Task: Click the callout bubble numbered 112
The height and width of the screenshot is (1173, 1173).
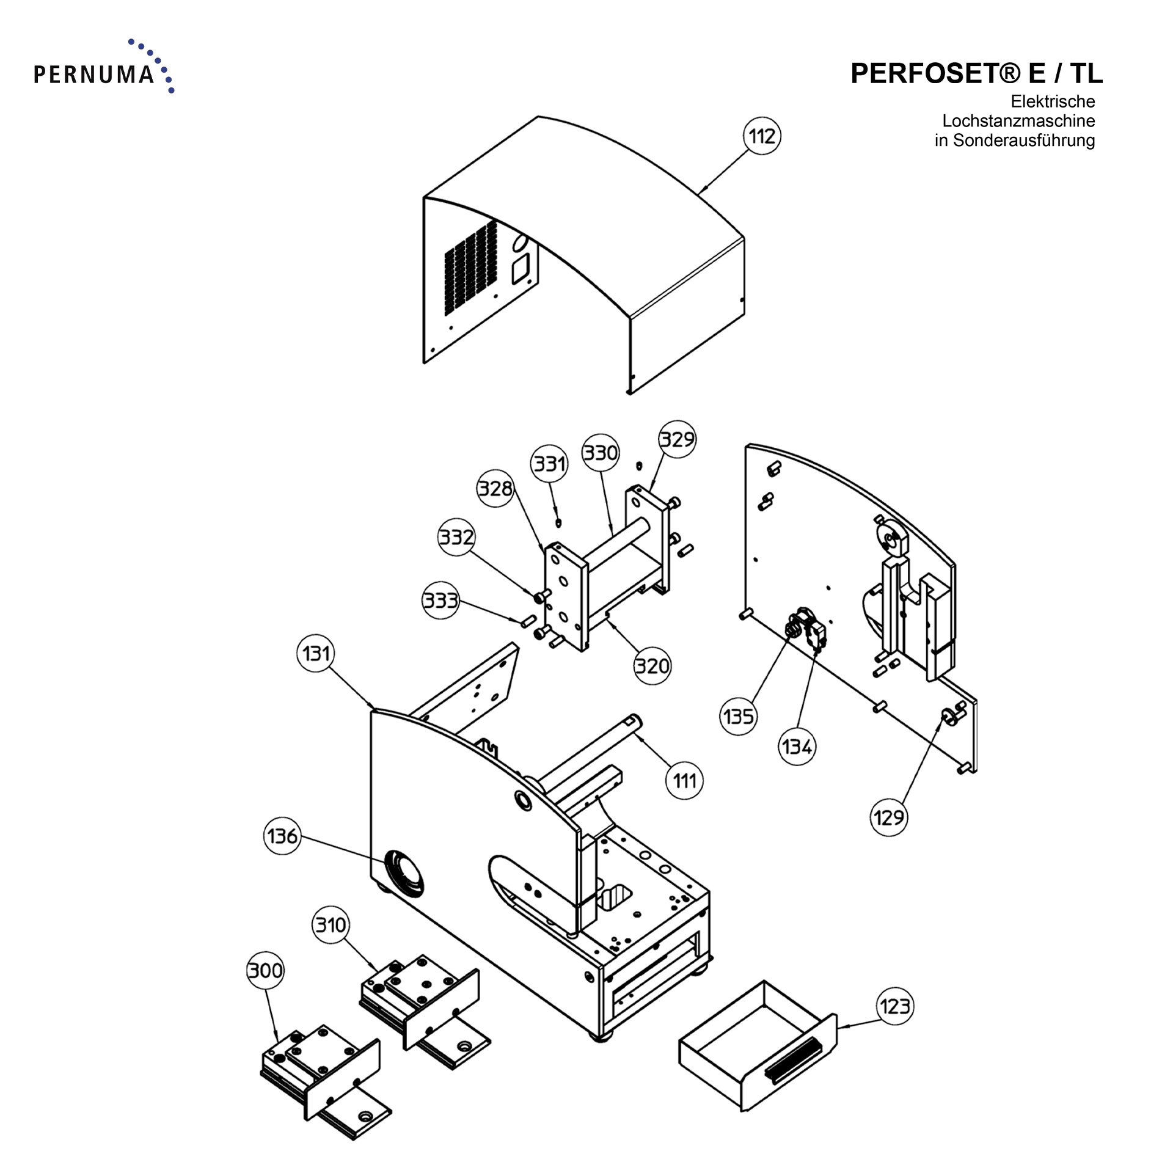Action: (x=762, y=136)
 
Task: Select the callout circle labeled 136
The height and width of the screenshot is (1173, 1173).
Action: (x=282, y=836)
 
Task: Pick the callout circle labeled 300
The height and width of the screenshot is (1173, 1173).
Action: (x=266, y=970)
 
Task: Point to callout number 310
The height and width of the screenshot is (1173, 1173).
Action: (x=331, y=925)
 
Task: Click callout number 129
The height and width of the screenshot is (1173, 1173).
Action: (x=888, y=817)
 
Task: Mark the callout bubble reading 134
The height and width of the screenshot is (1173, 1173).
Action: (x=797, y=746)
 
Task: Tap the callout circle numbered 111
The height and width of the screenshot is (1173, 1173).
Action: (x=684, y=780)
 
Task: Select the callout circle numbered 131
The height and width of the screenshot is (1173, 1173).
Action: (x=316, y=653)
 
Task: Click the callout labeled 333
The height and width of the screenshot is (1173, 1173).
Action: (x=440, y=601)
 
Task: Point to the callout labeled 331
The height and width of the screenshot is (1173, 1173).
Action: (x=550, y=464)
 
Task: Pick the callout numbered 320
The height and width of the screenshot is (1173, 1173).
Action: (x=652, y=665)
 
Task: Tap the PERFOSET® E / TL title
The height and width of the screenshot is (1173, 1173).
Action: (x=976, y=73)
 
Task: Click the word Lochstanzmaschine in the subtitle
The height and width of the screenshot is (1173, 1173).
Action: (x=1018, y=121)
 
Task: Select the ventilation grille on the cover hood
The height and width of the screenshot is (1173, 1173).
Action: (x=470, y=268)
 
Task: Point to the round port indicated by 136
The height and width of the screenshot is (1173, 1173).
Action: (x=403, y=872)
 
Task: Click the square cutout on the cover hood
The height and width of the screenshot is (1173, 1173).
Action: (x=521, y=270)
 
